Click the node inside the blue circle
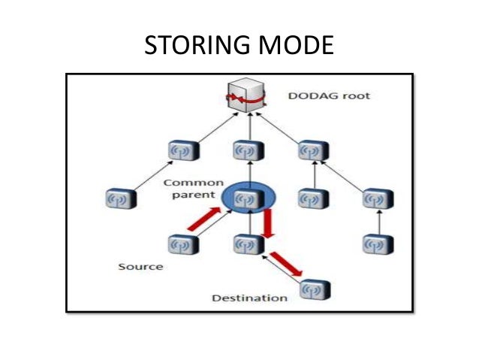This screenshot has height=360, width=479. (x=245, y=199)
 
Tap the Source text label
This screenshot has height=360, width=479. (x=140, y=267)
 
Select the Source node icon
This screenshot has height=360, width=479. (x=180, y=245)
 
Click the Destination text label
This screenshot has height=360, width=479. (x=249, y=298)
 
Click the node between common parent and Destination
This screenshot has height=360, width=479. (x=245, y=245)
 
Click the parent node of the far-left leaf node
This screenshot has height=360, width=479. (x=180, y=152)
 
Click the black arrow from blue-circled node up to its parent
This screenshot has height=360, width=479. (x=245, y=175)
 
